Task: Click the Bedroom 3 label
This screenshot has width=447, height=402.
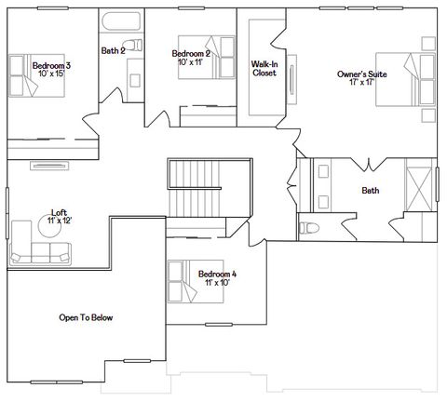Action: [51, 66]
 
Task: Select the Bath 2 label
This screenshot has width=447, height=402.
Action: [113, 50]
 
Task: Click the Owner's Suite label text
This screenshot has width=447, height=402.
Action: [362, 73]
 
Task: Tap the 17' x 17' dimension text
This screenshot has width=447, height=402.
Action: [362, 82]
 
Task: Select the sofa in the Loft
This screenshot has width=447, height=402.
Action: [40, 253]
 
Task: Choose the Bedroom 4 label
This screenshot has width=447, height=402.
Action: [217, 274]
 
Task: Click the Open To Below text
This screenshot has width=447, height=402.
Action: [86, 317]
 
